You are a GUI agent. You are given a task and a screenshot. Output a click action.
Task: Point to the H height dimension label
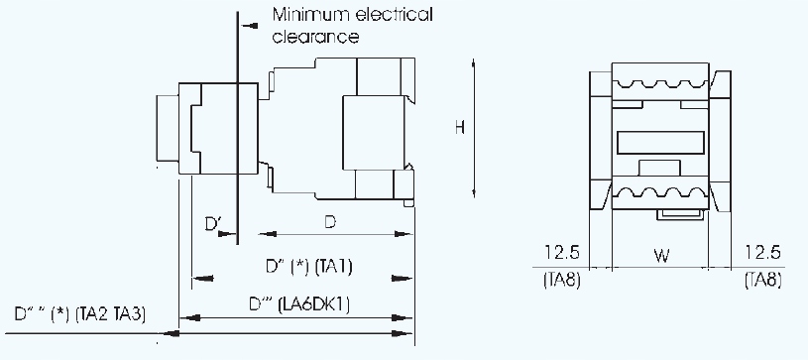[459, 127]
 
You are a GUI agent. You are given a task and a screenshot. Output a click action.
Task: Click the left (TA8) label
[562, 281]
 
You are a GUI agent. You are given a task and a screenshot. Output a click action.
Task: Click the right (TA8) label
[762, 281]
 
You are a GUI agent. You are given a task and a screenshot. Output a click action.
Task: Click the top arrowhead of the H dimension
[475, 63]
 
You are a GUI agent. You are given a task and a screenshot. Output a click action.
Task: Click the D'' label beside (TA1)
[275, 268]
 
